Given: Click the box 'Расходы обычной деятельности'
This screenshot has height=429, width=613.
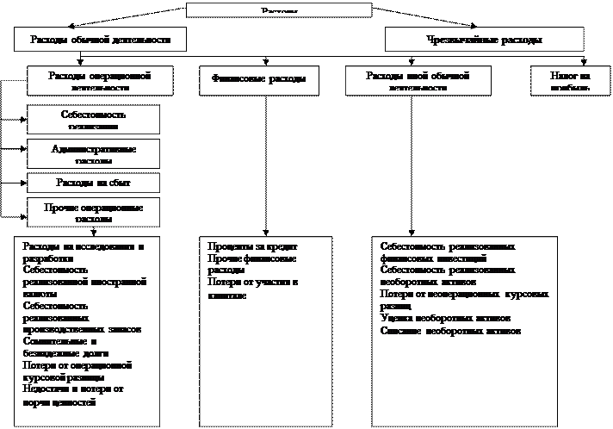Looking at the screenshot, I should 108,40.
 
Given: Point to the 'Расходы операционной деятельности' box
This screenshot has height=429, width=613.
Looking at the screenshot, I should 108,81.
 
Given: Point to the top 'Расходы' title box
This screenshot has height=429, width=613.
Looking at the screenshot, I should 279,10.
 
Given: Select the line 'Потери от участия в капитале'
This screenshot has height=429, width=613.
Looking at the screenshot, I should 251,289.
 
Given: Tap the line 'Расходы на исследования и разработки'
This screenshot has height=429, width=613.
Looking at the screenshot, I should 83,252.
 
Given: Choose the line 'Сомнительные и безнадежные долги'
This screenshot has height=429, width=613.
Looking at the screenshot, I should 77,347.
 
